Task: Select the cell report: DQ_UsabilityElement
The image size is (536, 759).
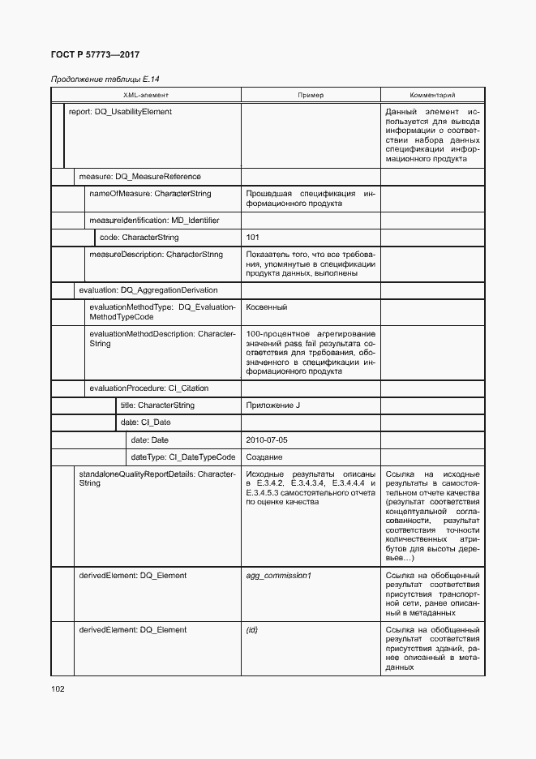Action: coord(120,112)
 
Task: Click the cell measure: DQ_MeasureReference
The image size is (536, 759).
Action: coord(139,176)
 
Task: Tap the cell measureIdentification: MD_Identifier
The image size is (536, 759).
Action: coord(154,220)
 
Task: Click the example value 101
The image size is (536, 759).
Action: coord(252,238)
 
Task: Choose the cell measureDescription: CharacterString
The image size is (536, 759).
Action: coord(156,255)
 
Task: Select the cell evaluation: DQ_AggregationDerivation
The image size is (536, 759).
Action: coord(148,289)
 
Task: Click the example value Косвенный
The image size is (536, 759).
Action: coord(266,307)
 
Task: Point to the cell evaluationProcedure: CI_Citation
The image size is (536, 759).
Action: coord(149,388)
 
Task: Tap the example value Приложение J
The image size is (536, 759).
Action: coord(272,405)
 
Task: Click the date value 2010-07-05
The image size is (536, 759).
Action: coord(266,440)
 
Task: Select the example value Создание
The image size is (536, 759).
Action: coord(264,457)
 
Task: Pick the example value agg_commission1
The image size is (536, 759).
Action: coord(278,576)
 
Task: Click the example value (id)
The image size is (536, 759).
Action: coord(251,630)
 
